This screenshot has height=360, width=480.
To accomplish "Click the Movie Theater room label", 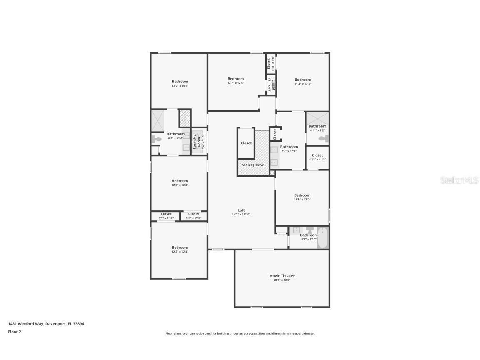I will tap(282, 276).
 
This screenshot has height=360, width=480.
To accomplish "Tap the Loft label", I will tap(241, 210).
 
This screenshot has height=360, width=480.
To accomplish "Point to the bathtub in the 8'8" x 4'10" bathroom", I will tap(322, 238).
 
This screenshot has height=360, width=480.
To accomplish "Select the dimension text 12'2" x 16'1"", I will tap(180, 86).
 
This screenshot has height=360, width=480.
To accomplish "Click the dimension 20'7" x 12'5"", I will tap(282, 280).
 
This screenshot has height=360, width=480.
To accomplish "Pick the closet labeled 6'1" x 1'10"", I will tap(166, 214).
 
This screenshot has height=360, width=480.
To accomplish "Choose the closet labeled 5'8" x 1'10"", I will tap(193, 214).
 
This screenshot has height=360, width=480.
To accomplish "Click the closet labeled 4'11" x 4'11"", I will tap(317, 155).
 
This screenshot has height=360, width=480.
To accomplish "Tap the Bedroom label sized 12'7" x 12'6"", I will tap(235, 79).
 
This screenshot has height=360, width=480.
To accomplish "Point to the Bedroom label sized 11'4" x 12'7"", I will tap(302, 80).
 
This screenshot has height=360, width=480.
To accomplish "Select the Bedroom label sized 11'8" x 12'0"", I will tap(302, 195).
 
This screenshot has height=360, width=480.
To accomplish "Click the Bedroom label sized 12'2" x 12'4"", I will tap(180, 247).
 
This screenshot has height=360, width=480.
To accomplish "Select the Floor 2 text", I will tap(14, 332).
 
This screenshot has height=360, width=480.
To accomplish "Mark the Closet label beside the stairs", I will tap(246, 143).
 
